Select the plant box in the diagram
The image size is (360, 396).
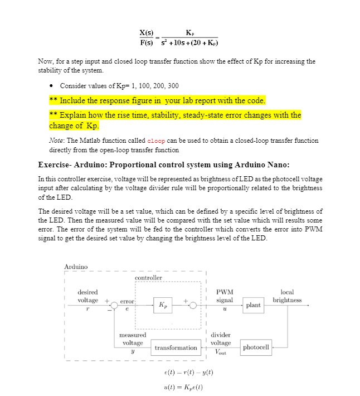pos(253,305)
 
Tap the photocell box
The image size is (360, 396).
pos(256,347)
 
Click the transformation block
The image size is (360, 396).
pos(176,347)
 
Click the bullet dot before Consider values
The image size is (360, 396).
pos(51,85)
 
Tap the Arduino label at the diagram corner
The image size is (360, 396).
pos(75,267)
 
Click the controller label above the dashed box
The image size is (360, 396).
pos(148,278)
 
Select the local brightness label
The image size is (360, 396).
pos(287,296)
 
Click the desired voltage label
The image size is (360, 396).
pos(87,296)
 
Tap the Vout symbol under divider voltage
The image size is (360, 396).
pos(221,351)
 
